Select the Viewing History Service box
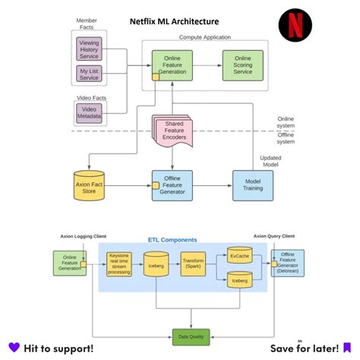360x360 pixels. tap(89, 49)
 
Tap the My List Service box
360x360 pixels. tap(89, 74)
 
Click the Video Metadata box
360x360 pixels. tap(89, 112)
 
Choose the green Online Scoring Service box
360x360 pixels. tap(242, 64)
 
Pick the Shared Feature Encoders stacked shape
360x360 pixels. tap(173, 131)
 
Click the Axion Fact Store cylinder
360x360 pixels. tap(89, 185)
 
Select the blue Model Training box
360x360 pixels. tap(252, 185)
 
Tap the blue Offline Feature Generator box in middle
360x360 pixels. tap(172, 185)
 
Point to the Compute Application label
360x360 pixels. tap(205, 36)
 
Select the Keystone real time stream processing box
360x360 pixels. tap(119, 264)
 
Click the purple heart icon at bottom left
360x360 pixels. tap(14, 348)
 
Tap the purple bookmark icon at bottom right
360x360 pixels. tap(346, 348)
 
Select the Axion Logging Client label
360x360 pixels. tap(83, 235)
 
